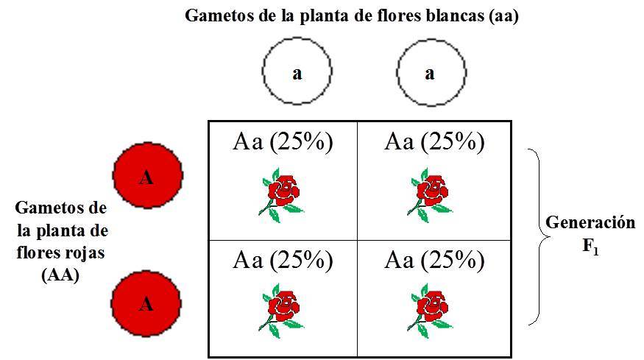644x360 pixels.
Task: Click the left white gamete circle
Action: (297, 71)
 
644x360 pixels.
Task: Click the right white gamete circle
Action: (431, 71)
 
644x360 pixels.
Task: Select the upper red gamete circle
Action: (147, 176)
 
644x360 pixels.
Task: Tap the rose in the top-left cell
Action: (280, 194)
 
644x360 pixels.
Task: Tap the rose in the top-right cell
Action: (430, 194)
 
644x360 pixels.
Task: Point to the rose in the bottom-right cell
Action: (430, 310)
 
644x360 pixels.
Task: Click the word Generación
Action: (590, 223)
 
